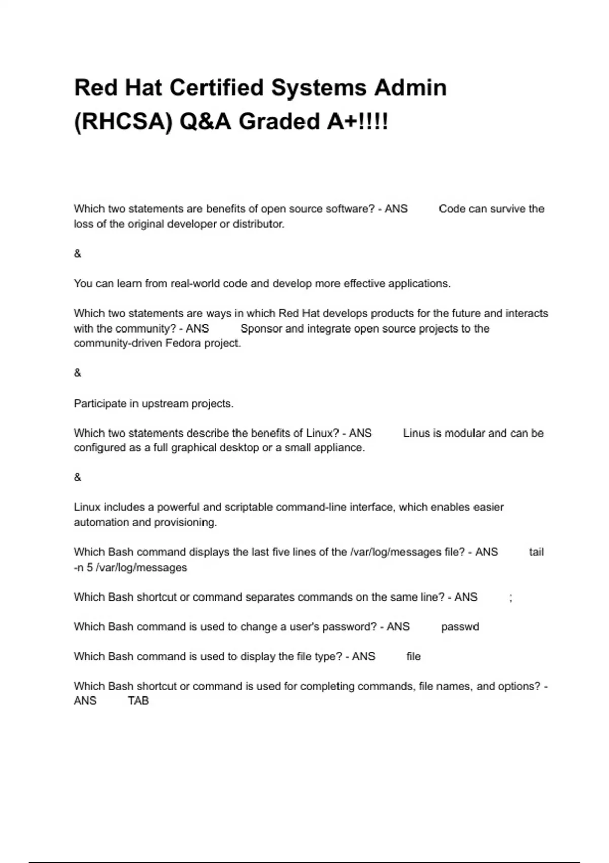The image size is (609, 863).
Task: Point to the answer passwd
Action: pos(460,627)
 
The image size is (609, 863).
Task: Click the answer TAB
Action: pos(139,701)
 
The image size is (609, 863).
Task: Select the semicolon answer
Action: pos(510,598)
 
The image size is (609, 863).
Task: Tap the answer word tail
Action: pos(536,552)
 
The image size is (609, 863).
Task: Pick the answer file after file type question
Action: pos(414,657)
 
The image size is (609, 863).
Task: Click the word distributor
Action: pos(258,224)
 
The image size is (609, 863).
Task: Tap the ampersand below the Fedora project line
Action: pos(77,373)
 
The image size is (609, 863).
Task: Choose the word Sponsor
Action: pos(261,329)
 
